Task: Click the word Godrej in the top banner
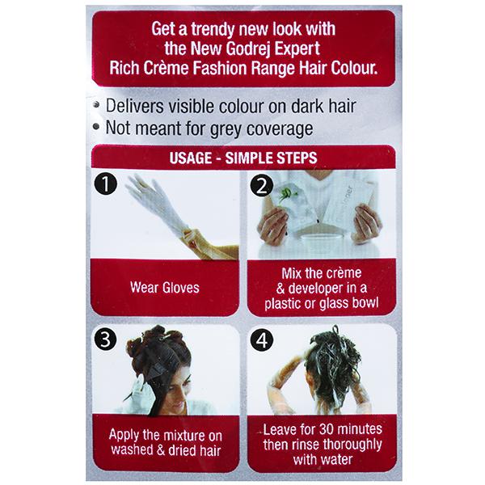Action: [248, 49]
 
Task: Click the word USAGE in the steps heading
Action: [191, 158]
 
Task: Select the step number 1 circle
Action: [106, 184]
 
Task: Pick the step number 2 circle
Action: [262, 186]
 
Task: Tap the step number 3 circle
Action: [105, 339]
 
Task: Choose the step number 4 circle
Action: [262, 340]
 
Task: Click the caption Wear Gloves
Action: [165, 288]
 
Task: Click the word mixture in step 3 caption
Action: [183, 436]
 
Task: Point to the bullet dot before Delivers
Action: [97, 105]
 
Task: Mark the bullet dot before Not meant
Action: [97, 127]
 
